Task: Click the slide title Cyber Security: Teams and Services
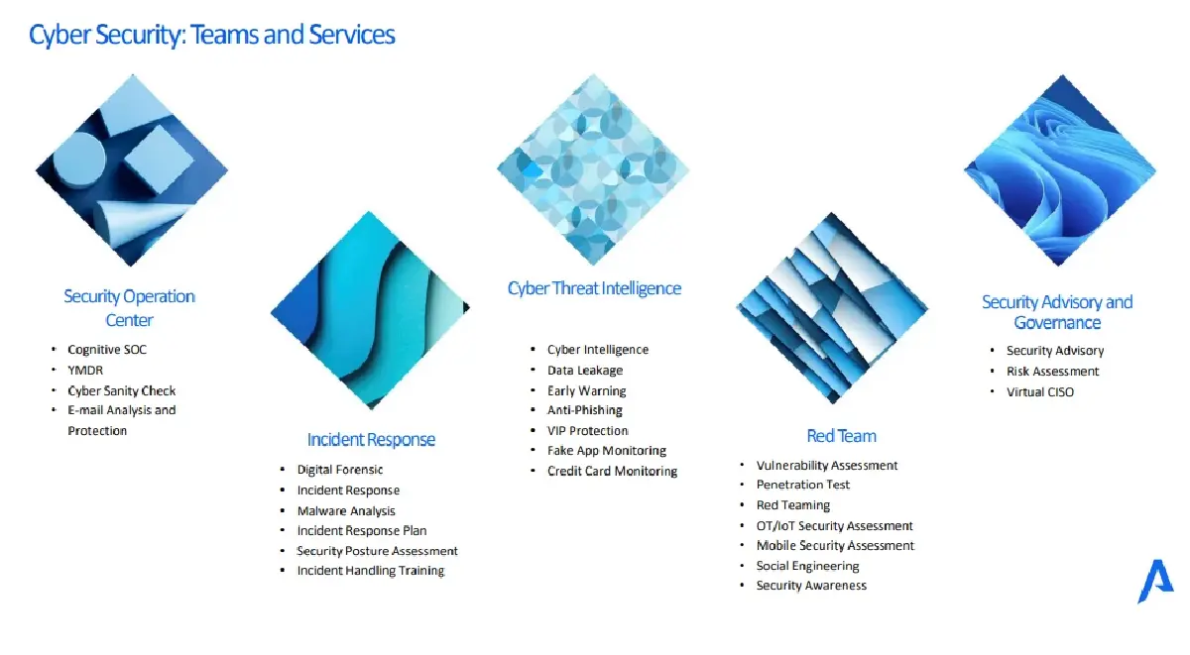tap(212, 35)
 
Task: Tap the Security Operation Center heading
tap(129, 308)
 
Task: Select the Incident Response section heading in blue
tap(371, 440)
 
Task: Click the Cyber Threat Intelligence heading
tap(594, 288)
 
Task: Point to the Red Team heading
tap(841, 436)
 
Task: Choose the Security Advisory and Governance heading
tap(1057, 312)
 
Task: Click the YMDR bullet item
tap(85, 370)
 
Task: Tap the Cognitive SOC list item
tap(107, 349)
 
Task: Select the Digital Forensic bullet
tap(340, 470)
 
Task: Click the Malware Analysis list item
tap(346, 510)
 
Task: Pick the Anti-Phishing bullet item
tap(584, 410)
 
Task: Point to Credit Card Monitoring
tap(612, 471)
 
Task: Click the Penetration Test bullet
tap(802, 485)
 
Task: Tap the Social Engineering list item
tap(807, 566)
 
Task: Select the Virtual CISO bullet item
tap(1039, 391)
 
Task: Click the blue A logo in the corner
tap(1155, 582)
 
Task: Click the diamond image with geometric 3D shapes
tap(132, 169)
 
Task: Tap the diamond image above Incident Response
tap(370, 310)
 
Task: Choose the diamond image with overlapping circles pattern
tap(593, 169)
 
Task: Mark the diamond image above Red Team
tap(832, 308)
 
